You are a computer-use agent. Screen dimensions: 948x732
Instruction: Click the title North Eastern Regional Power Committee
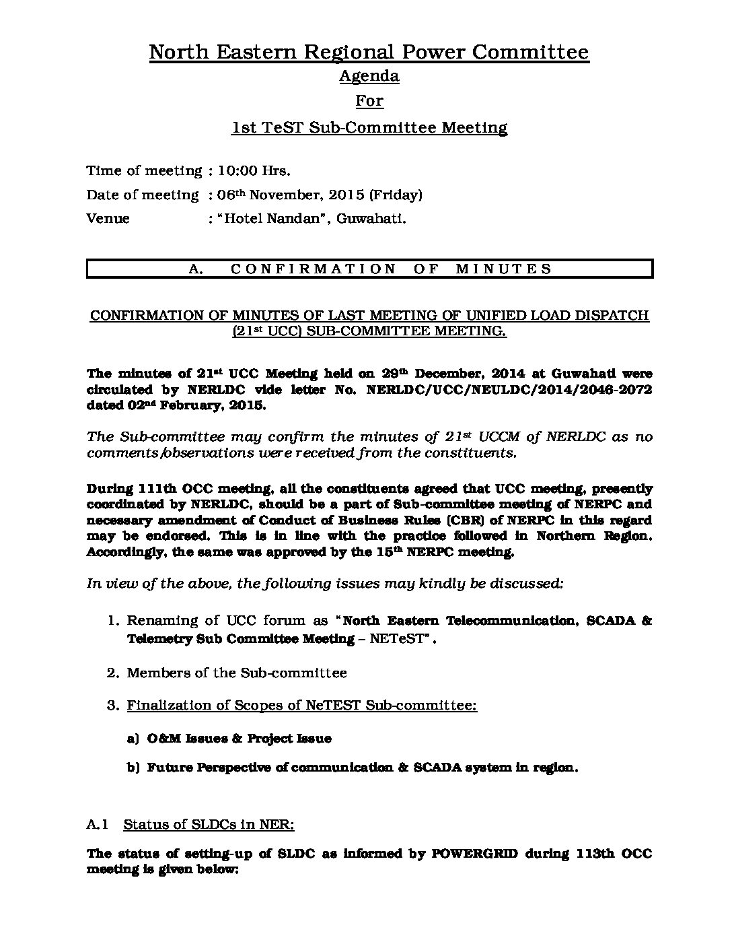pos(369,52)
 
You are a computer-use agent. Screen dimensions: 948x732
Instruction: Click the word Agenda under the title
pos(369,76)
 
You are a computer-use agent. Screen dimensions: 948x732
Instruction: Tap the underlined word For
pos(369,101)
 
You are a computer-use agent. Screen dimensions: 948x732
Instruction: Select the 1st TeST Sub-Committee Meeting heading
pos(369,127)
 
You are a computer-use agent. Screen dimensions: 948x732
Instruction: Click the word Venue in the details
pos(108,219)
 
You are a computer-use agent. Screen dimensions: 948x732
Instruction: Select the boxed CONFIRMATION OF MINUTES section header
pos(369,269)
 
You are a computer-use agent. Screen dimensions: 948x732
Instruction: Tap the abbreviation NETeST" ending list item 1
pos(403,639)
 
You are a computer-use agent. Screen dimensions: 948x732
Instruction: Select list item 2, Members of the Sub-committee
pos(236,673)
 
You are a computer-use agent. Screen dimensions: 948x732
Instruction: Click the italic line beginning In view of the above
pos(325,584)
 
